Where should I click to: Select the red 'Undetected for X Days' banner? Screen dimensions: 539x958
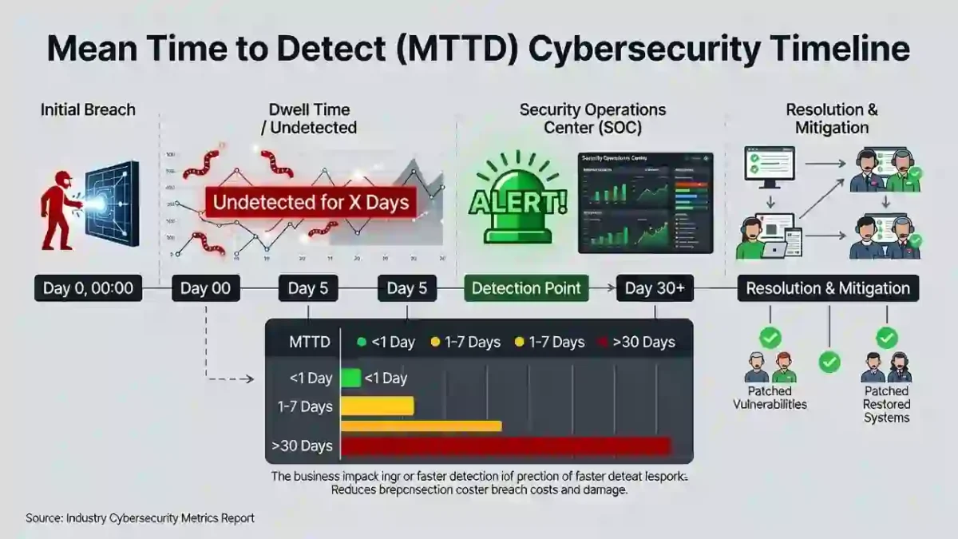311,202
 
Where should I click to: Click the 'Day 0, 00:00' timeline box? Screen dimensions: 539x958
88,288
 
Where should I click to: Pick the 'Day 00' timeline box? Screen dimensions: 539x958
205,288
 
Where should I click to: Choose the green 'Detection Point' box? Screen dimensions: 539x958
526,288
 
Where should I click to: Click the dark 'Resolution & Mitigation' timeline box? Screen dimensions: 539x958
827,288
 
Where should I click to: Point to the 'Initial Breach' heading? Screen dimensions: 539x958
88,109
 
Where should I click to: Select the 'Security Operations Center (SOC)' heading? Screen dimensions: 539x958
592,118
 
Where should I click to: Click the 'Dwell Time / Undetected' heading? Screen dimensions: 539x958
309,118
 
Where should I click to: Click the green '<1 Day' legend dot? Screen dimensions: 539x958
362,342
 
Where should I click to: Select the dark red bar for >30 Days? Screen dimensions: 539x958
506,446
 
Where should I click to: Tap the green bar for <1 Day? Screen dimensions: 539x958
351,378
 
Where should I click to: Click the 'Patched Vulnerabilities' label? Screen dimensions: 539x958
770,398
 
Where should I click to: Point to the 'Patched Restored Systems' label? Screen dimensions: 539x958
886,404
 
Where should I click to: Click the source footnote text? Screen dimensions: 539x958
140,518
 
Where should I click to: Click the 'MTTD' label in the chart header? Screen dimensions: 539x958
309,342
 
